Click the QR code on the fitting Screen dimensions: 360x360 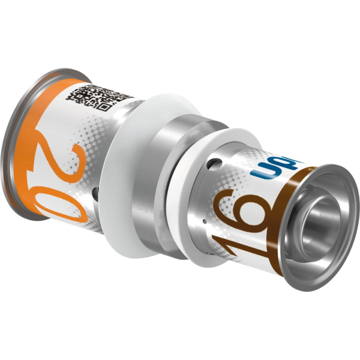101,95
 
